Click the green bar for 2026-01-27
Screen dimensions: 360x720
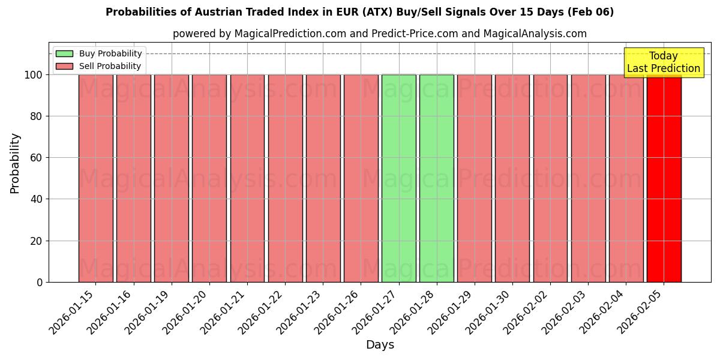(x=398, y=178)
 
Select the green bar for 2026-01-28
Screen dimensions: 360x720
(x=436, y=178)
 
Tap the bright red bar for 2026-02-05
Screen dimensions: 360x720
(x=664, y=178)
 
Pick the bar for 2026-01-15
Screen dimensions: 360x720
(x=95, y=178)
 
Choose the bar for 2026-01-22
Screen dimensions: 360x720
(x=285, y=178)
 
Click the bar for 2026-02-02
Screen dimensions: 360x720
(x=550, y=178)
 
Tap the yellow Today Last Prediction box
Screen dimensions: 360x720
(x=663, y=62)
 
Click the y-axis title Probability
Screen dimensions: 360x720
(x=15, y=163)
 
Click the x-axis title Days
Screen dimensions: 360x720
(x=380, y=345)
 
